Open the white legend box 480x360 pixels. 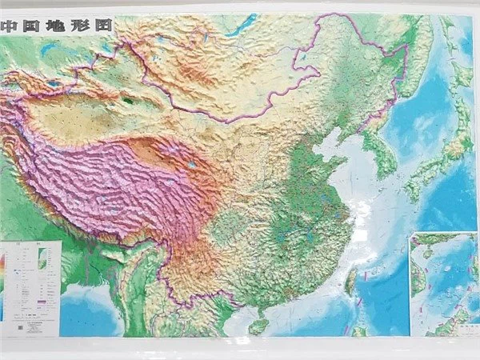tap(30, 284)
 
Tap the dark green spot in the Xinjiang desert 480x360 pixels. tap(128, 102)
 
